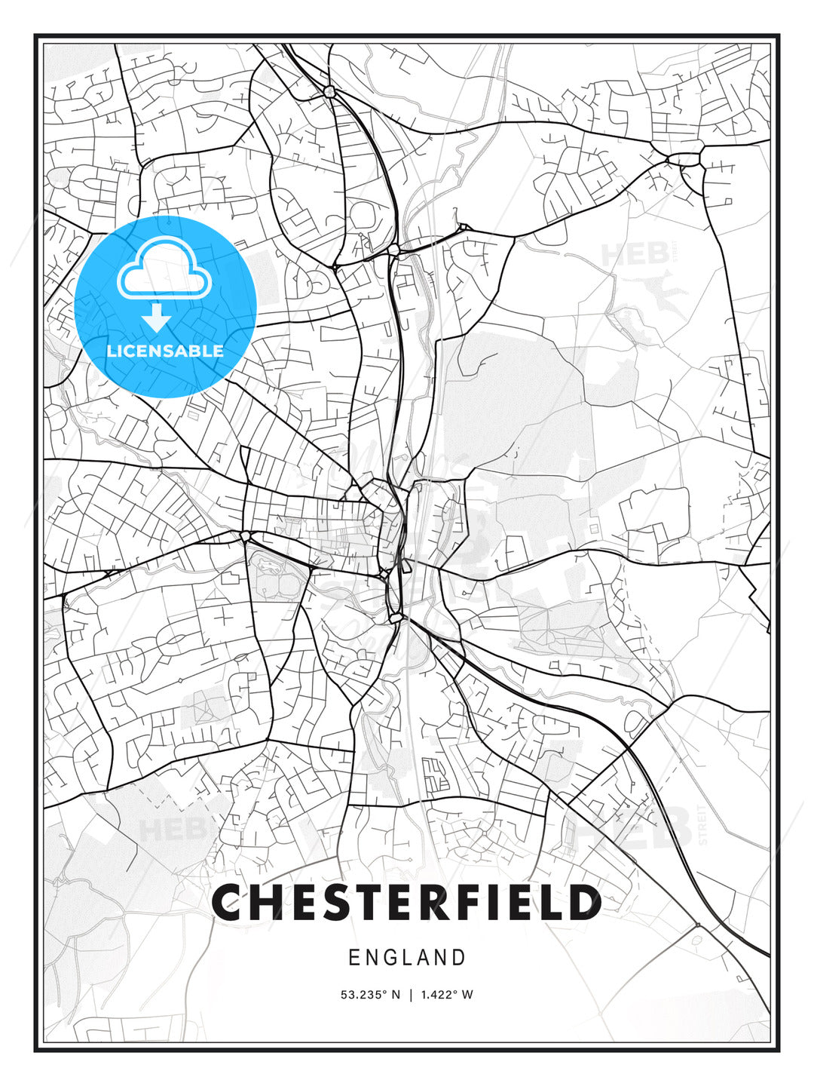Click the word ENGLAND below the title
point(407,958)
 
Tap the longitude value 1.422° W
point(447,995)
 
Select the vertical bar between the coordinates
point(411,995)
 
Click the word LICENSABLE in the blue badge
point(165,351)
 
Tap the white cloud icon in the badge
point(164,268)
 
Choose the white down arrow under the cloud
point(157,318)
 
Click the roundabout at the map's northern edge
point(329,91)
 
